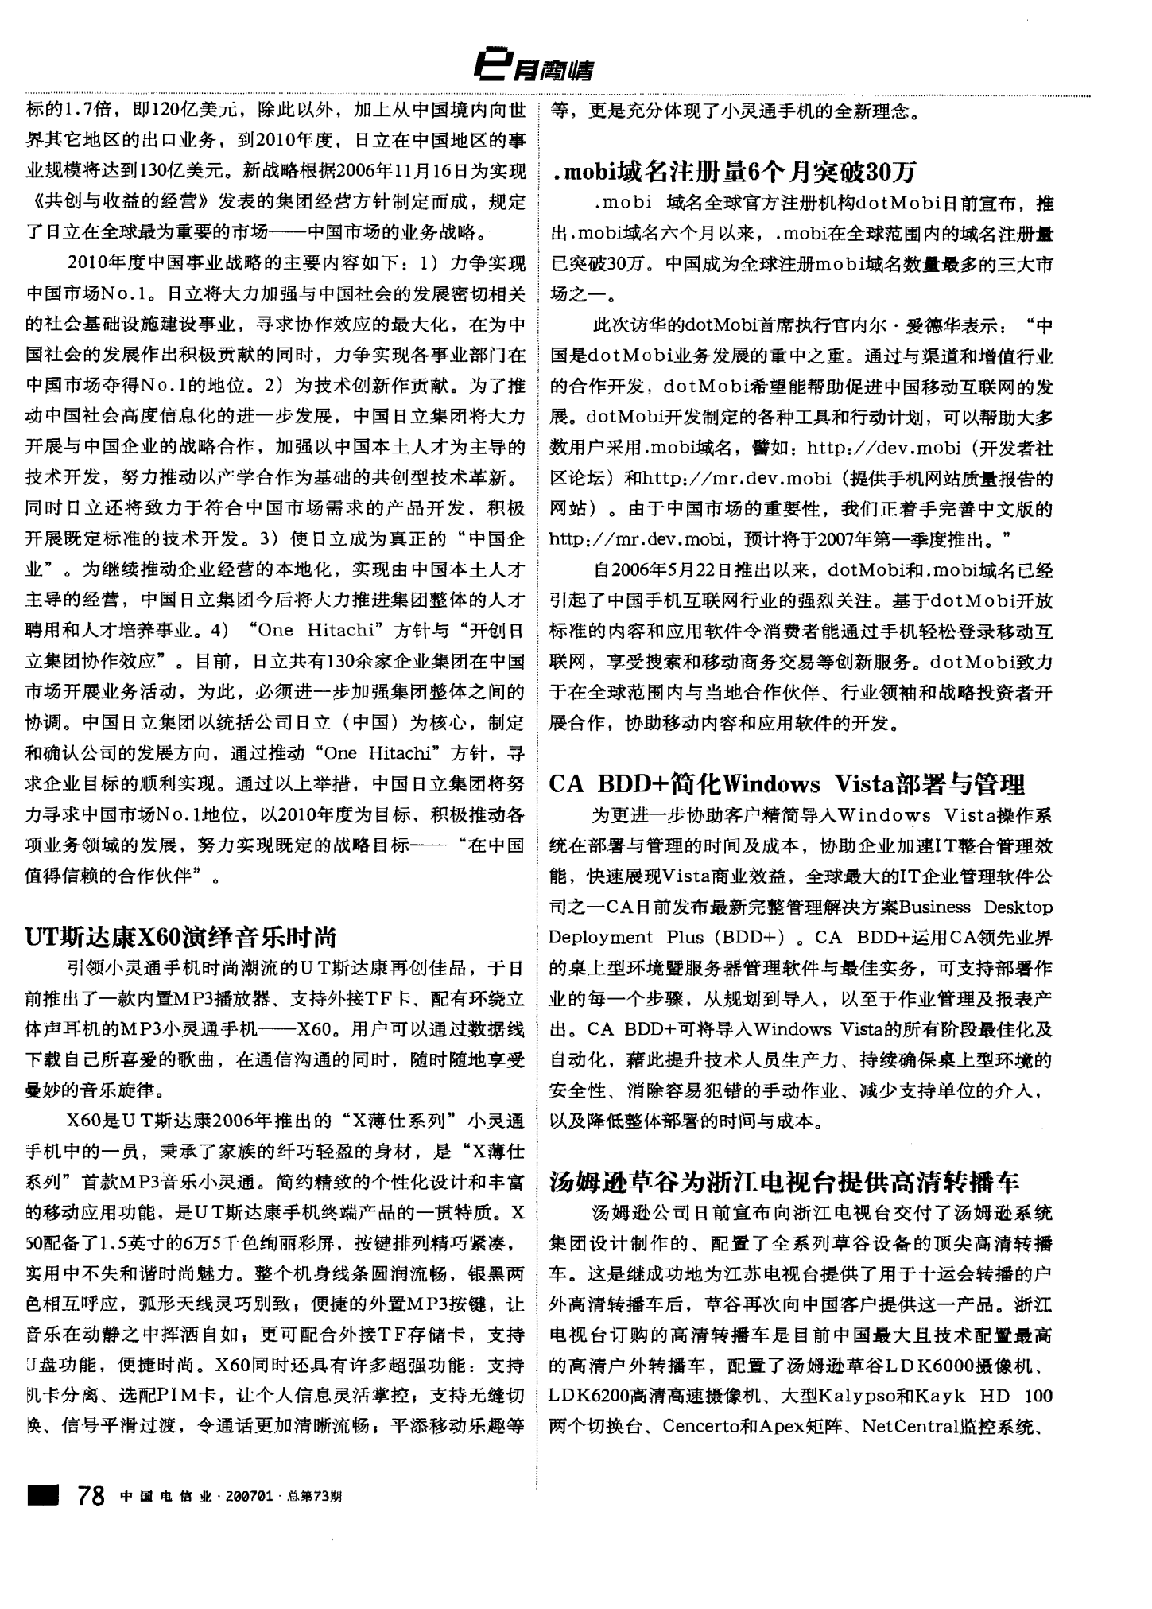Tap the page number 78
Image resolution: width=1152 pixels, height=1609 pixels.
click(x=91, y=1495)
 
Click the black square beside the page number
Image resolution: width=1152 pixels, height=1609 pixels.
click(x=45, y=1495)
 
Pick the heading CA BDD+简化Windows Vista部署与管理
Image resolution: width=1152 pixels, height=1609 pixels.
click(x=786, y=784)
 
